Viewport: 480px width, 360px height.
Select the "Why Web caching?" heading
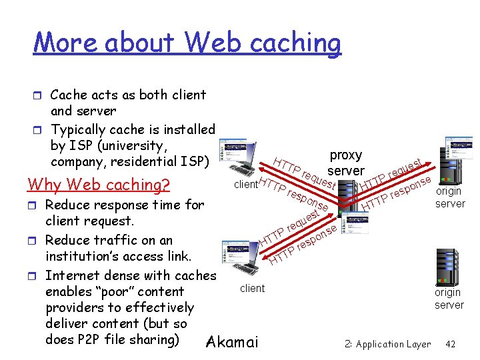pos(98,184)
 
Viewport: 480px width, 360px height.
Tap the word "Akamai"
pos(232,343)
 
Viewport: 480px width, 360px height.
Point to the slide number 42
pos(450,344)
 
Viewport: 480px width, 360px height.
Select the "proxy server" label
pos(345,163)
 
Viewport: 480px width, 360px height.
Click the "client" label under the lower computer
pos(252,288)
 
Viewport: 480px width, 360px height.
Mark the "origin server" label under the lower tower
pos(449,298)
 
